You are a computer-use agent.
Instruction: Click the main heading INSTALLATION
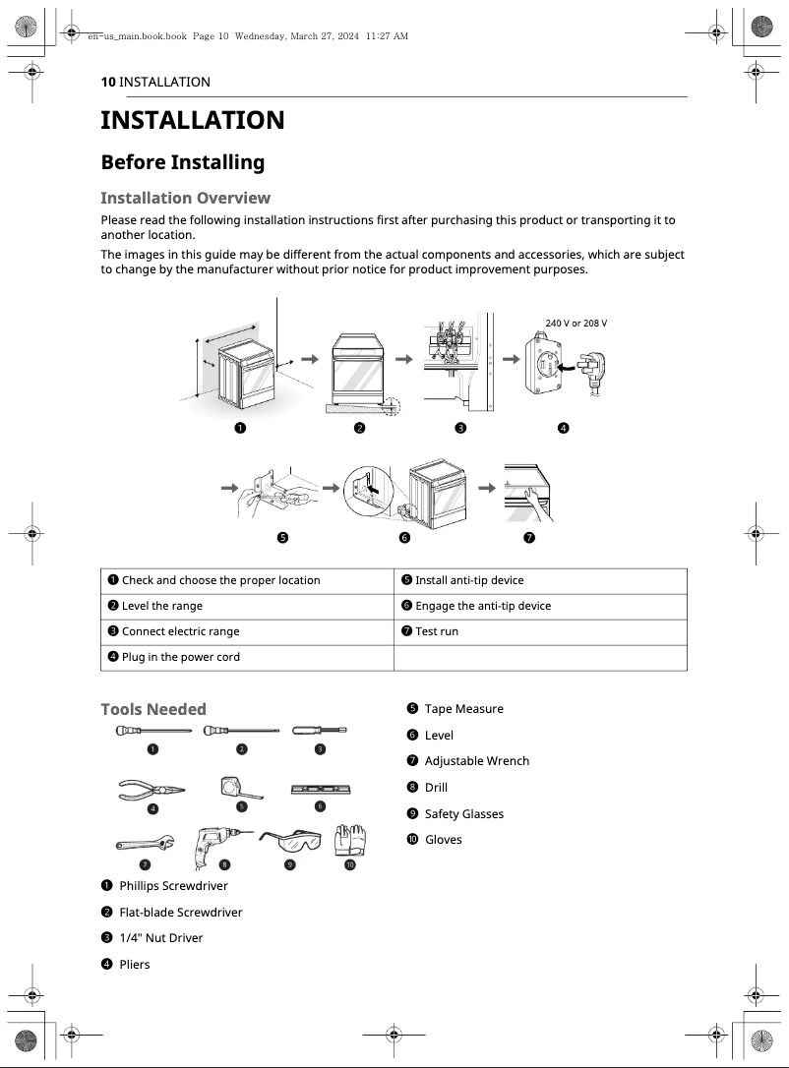click(193, 120)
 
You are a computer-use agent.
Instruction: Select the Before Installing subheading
click(183, 162)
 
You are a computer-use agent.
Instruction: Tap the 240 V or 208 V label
click(576, 323)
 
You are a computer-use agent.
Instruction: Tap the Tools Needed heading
click(153, 709)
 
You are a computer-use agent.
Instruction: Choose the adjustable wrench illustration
click(145, 843)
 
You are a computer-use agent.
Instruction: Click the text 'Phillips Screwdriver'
click(173, 886)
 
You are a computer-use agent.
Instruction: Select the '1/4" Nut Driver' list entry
click(160, 938)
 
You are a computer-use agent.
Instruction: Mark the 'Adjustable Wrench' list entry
click(476, 761)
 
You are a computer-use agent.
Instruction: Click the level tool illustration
click(321, 790)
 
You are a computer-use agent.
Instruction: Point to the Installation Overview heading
click(186, 199)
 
